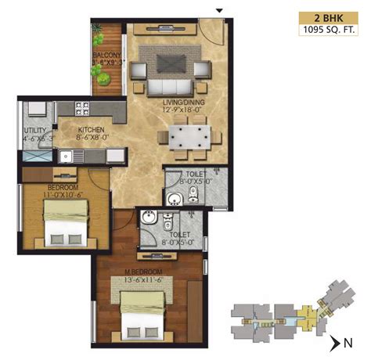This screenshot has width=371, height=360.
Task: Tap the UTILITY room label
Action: click(36, 131)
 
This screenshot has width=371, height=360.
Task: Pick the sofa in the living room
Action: click(166, 84)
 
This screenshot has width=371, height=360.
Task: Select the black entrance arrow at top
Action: click(220, 9)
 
